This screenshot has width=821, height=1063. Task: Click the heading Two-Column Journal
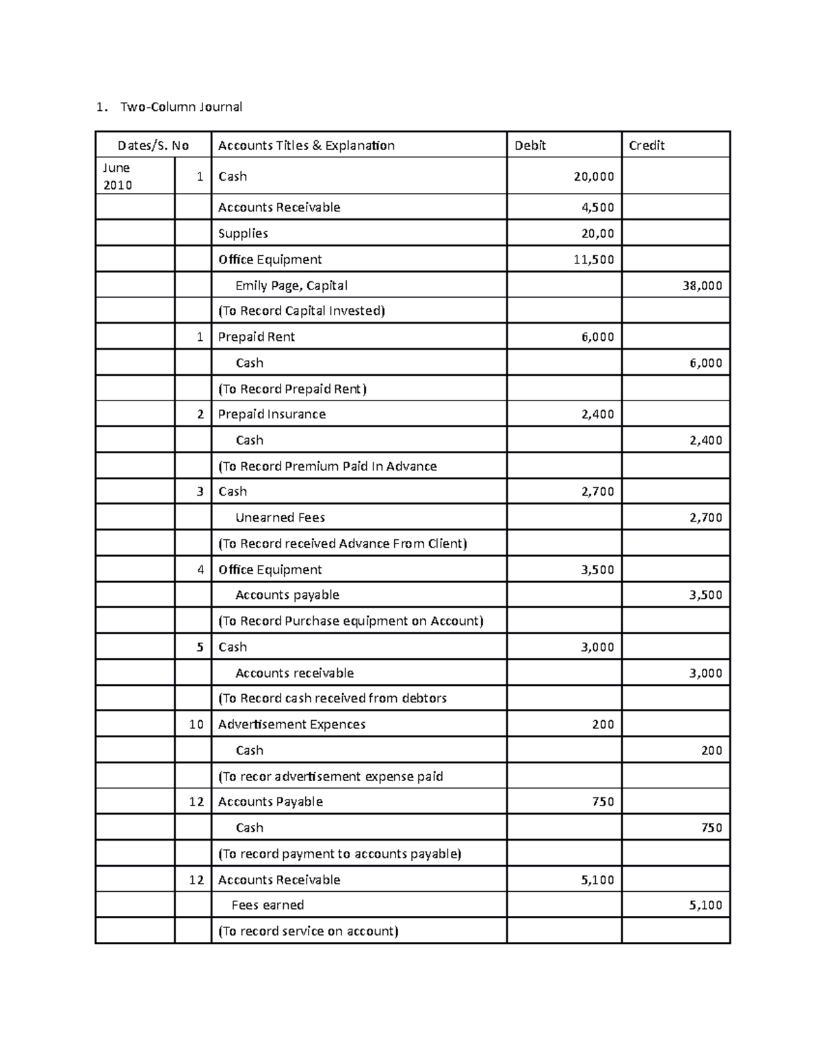point(181,107)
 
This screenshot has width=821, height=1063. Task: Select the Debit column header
point(530,145)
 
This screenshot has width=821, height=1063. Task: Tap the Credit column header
point(647,145)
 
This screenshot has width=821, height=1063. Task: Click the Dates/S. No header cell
point(153,145)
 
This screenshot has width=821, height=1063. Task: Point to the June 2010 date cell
point(117,177)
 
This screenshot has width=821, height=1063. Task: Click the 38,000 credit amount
point(702,285)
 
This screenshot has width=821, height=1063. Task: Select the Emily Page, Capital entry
point(291,285)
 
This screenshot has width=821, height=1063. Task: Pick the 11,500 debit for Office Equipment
point(593,259)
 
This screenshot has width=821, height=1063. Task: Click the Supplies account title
point(243,233)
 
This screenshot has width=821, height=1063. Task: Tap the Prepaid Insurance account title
point(272,414)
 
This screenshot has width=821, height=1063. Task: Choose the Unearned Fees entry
point(280,517)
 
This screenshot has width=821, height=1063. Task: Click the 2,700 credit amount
point(705,517)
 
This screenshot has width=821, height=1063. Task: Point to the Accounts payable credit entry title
point(287,595)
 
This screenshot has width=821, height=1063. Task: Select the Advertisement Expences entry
point(291,724)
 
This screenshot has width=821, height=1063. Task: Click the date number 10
point(196,724)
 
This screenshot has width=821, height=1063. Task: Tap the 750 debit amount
point(603,802)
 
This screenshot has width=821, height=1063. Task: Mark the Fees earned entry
point(268,905)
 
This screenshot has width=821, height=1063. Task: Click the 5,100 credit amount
point(705,905)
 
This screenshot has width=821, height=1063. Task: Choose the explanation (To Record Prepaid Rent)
point(292,389)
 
